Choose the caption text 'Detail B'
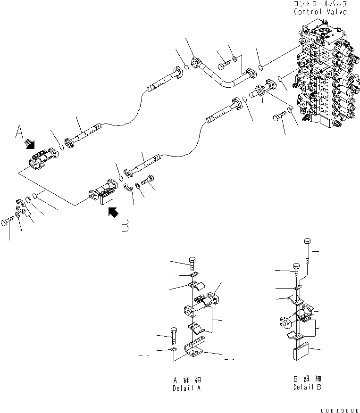coord(307,388)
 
